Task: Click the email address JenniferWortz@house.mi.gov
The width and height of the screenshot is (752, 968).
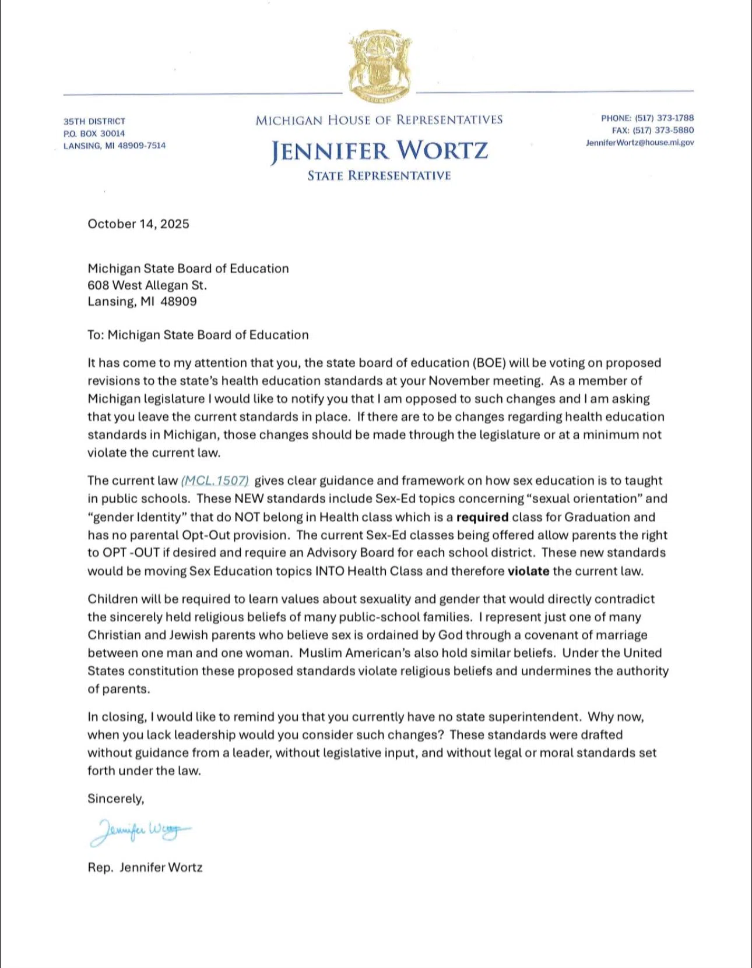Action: [x=639, y=143]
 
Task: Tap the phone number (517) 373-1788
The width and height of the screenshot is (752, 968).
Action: [x=664, y=118]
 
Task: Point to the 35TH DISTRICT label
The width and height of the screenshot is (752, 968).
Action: [x=94, y=121]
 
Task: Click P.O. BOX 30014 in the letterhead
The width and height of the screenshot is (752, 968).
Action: [x=94, y=133]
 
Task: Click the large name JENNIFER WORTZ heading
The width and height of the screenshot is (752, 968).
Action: [x=379, y=151]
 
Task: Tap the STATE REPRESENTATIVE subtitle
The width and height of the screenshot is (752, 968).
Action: [x=379, y=176]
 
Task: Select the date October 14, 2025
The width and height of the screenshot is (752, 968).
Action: [x=138, y=224]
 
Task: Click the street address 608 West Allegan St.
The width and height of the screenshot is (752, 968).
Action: [x=147, y=285]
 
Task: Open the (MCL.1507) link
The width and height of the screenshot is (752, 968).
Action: [x=215, y=481]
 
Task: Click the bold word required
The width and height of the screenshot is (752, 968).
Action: [x=482, y=517]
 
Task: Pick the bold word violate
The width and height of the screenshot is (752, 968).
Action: [x=528, y=571]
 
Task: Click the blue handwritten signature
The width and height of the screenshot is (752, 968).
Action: [x=140, y=831]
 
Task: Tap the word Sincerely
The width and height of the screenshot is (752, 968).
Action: [x=115, y=799]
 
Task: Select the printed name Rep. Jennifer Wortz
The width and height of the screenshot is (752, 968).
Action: [x=145, y=868]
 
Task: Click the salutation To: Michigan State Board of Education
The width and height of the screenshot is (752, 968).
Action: [x=198, y=335]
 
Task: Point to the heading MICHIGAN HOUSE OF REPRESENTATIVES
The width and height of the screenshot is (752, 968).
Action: [x=379, y=121]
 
